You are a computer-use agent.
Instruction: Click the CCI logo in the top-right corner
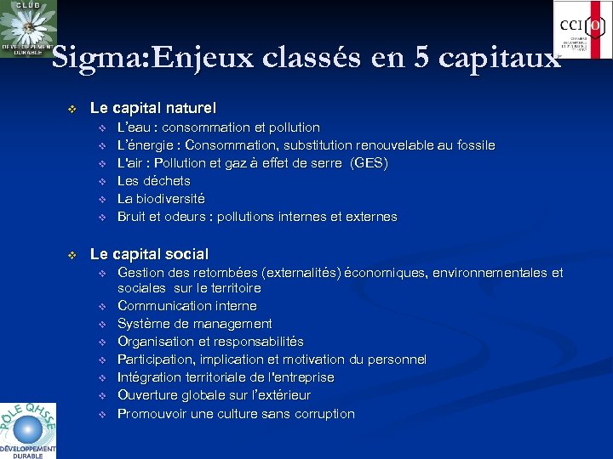click(x=582, y=30)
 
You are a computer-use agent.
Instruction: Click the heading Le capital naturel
click(x=153, y=108)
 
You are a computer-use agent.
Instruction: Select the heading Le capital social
click(x=149, y=253)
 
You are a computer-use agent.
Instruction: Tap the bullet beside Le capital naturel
click(x=72, y=109)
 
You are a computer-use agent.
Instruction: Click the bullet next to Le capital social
click(x=72, y=254)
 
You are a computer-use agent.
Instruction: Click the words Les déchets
click(x=153, y=181)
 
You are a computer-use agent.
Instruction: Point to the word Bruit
click(x=132, y=217)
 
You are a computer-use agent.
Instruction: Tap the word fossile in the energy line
click(x=474, y=145)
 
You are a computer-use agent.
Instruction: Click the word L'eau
click(x=132, y=127)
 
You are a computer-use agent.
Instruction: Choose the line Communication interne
click(x=186, y=306)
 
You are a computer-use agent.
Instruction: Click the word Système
click(x=143, y=324)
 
